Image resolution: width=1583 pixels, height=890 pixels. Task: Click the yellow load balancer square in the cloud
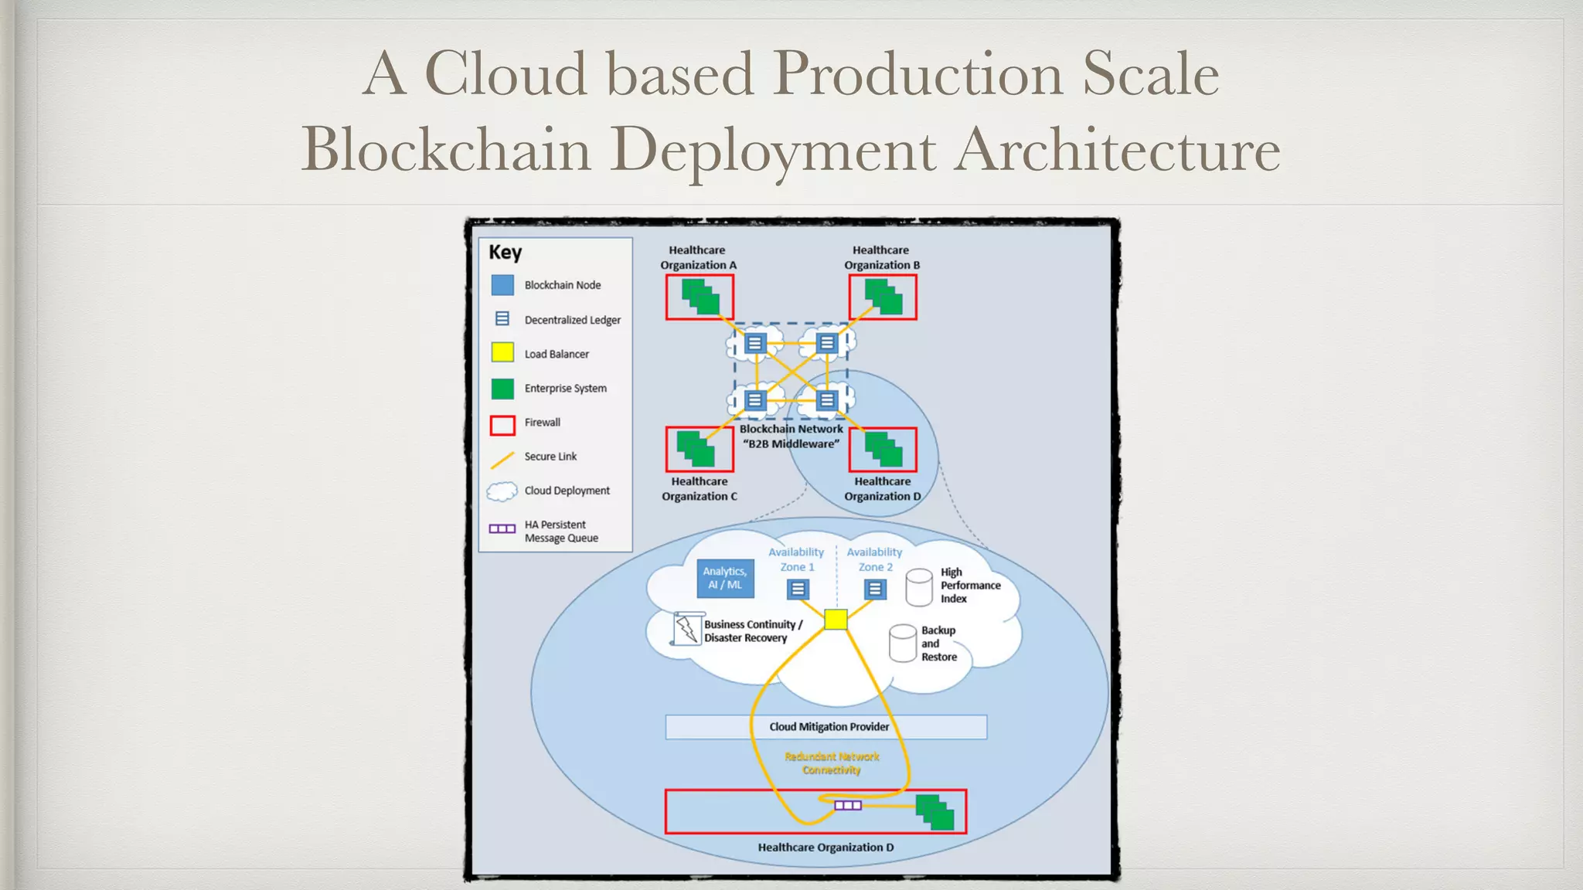click(x=836, y=620)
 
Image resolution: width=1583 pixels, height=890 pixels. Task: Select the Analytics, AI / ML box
click(x=725, y=578)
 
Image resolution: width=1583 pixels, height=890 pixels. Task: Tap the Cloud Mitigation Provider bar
click(x=826, y=727)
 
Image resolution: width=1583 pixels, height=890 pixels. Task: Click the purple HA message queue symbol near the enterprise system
click(x=847, y=806)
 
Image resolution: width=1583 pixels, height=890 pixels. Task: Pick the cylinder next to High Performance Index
click(x=918, y=588)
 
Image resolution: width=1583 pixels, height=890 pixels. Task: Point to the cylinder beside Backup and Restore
click(x=903, y=644)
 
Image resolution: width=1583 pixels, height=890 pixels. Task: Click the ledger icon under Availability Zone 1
click(x=798, y=589)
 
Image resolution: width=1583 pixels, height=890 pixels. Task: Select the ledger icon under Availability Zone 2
click(x=874, y=589)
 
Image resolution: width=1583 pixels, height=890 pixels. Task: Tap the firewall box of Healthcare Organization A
click(x=700, y=297)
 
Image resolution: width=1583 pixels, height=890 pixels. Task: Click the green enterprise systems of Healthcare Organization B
click(x=883, y=297)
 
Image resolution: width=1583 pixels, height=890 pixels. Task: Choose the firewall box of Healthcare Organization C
click(x=700, y=450)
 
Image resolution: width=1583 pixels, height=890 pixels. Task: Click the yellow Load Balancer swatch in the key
click(x=502, y=353)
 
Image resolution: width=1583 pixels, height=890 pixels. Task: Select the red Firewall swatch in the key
click(x=502, y=425)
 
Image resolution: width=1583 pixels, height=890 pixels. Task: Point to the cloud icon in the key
click(x=502, y=491)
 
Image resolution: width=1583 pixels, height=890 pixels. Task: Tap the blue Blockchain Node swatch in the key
click(x=502, y=285)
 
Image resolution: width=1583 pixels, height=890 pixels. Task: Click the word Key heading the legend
click(x=505, y=253)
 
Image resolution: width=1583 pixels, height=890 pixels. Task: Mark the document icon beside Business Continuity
click(x=686, y=629)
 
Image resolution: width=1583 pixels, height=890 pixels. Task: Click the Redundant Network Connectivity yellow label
click(x=832, y=763)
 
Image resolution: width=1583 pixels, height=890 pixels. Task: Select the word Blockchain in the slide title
click(x=445, y=149)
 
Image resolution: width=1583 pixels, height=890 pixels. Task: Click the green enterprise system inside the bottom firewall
click(x=935, y=813)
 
